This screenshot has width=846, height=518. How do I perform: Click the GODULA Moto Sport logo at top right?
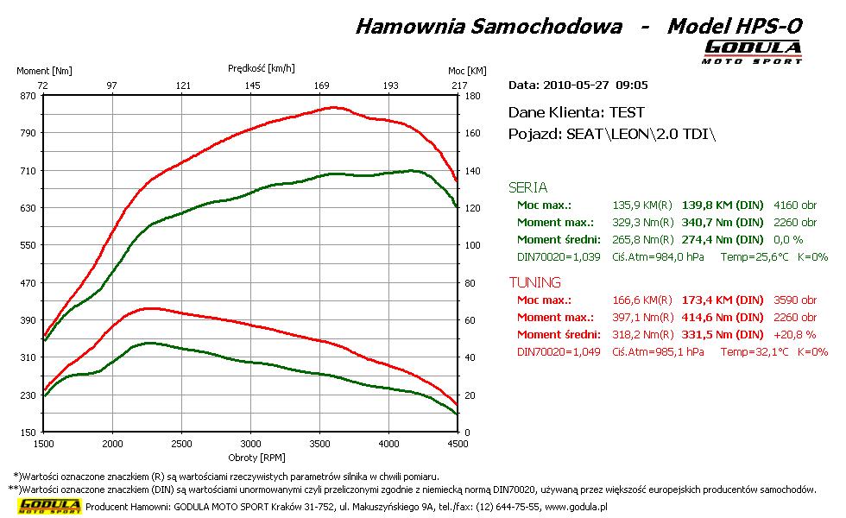coord(752,51)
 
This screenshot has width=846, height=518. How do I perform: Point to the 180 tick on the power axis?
coord(472,96)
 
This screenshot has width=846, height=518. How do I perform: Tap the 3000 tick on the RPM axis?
coord(250,444)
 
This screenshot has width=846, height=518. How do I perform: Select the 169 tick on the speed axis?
coord(322,85)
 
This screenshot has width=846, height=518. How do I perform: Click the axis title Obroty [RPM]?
coord(250,457)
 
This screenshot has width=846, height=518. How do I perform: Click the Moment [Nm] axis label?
coord(45,71)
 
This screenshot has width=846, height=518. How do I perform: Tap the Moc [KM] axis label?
coord(467,71)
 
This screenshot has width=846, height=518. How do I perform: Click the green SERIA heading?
coord(527,187)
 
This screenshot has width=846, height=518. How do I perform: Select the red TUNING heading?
coord(534,282)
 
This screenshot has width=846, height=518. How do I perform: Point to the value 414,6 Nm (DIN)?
coord(723,318)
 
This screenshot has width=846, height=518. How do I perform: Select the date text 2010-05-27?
coord(577,85)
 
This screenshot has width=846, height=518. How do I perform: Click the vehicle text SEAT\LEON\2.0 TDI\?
coord(641,135)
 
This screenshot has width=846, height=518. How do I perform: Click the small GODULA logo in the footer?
coord(50,506)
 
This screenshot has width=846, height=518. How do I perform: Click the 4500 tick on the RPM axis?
coord(458,444)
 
